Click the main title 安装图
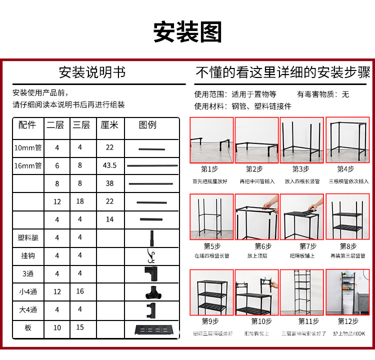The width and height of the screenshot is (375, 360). (187, 32)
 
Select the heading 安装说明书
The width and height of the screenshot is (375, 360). (92, 72)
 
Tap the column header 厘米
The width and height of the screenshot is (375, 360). (109, 125)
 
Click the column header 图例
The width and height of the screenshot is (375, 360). (147, 125)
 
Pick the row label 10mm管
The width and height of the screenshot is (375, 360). (27, 147)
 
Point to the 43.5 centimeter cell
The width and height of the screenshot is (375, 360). (109, 165)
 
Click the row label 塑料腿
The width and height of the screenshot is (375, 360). (28, 237)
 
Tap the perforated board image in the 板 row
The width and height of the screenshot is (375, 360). (150, 329)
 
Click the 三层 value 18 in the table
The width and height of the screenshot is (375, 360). (80, 201)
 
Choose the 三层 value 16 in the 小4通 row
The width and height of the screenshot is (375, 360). (80, 291)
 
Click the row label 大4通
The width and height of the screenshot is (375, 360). (28, 309)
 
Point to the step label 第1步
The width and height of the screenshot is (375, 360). (209, 169)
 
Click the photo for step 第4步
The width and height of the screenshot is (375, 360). (347, 140)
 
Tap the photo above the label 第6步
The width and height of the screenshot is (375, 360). (256, 217)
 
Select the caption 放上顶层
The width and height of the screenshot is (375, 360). (256, 255)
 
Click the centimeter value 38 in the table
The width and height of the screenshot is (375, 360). (109, 183)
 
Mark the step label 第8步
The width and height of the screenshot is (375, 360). (348, 246)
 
